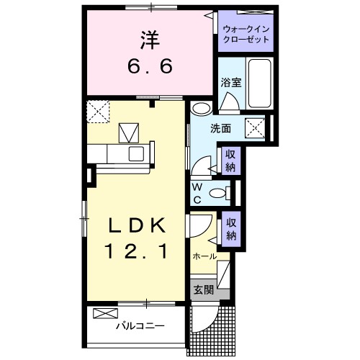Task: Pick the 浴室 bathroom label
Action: (x=230, y=82)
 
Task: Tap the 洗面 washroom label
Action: (x=220, y=129)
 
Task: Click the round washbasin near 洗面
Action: (x=202, y=109)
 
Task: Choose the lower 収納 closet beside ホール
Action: (x=231, y=228)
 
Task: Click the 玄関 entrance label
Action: (x=203, y=290)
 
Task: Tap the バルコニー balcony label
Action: (x=140, y=325)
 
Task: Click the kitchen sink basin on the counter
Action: (x=136, y=153)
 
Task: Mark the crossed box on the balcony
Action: (x=105, y=314)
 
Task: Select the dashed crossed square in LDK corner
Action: (x=96, y=111)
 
